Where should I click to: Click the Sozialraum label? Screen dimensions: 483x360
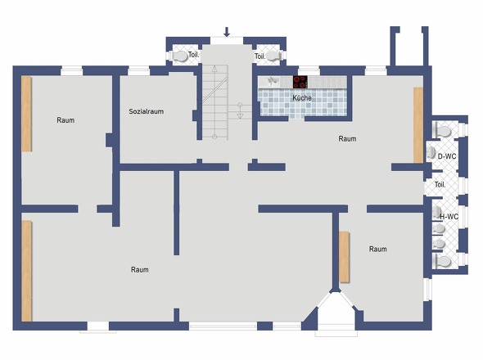[x=146, y=111]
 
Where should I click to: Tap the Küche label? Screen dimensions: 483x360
[x=302, y=98]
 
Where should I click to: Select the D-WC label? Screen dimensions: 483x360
[x=447, y=156]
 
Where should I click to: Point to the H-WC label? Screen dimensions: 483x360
[x=449, y=217]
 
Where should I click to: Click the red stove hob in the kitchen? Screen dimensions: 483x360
[x=300, y=82]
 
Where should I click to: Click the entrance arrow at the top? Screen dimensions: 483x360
[x=227, y=32]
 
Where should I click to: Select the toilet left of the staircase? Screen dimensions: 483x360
[x=180, y=56]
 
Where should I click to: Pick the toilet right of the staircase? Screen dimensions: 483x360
[x=273, y=56]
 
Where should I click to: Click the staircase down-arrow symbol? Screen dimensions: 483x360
[x=240, y=111]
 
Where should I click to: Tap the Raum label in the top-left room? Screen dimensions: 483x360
[x=65, y=120]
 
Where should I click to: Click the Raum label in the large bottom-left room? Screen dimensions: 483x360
[x=140, y=270]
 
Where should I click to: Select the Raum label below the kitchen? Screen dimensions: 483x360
[x=347, y=139]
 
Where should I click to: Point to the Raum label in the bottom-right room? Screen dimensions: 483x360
[x=378, y=249]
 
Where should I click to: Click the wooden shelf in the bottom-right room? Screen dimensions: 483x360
[x=344, y=257]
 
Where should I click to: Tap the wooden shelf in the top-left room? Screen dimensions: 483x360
[x=26, y=114]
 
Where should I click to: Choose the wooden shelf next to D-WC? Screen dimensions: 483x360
[x=418, y=125]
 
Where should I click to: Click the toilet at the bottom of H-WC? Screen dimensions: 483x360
[x=443, y=262]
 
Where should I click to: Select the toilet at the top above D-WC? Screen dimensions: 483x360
[x=443, y=131]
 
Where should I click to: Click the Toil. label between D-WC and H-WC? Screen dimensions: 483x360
[x=440, y=185]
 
